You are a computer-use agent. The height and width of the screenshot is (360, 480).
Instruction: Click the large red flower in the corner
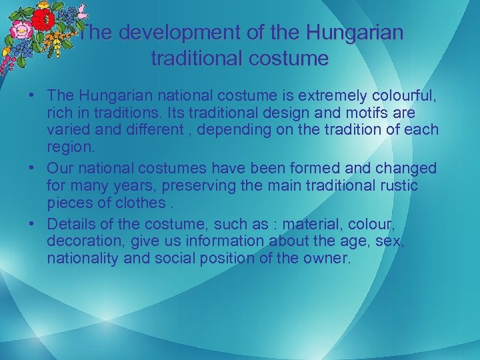point(43,19)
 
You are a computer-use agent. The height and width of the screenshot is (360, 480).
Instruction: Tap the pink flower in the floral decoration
point(20,30)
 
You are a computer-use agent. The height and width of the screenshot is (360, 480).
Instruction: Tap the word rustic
point(397,185)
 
